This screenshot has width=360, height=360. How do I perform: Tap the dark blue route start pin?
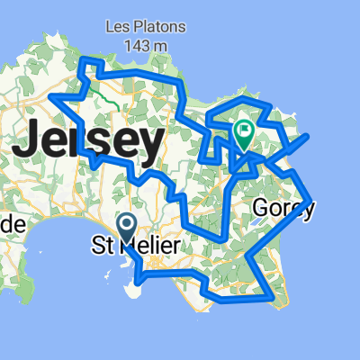(x=127, y=224)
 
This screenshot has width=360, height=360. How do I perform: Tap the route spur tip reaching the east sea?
(x=309, y=136)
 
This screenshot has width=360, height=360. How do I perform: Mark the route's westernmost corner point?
(x=52, y=95)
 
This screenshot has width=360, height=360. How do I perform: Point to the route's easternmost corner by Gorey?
(x=310, y=200)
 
